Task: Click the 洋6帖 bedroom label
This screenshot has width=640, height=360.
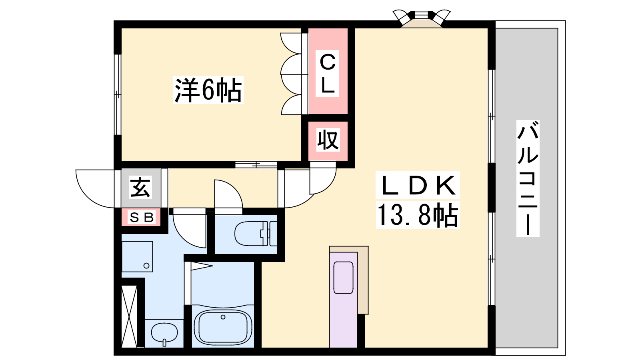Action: pos(208,90)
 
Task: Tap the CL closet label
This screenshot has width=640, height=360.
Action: pos(328,74)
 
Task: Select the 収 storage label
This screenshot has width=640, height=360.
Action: pos(328,140)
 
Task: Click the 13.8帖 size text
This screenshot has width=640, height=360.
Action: pos(418,215)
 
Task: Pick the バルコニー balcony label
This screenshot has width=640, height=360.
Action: pos(528,178)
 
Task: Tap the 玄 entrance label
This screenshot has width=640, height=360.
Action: pos(140,187)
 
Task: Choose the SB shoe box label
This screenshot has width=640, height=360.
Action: pos(142,218)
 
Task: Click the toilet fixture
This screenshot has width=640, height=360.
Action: pos(256,234)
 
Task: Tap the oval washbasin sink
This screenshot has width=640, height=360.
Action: pos(164,334)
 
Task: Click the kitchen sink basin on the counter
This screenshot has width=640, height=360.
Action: pos(344,278)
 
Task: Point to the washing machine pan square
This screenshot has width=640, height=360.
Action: pos(137,256)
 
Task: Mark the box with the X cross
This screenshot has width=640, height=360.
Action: pos(130,316)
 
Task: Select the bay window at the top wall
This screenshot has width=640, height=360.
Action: pos(422,18)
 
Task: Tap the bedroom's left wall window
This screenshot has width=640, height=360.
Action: pos(118,94)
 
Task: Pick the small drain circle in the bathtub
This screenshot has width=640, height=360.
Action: pos(223,317)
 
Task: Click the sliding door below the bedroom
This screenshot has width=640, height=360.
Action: pos(256,165)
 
